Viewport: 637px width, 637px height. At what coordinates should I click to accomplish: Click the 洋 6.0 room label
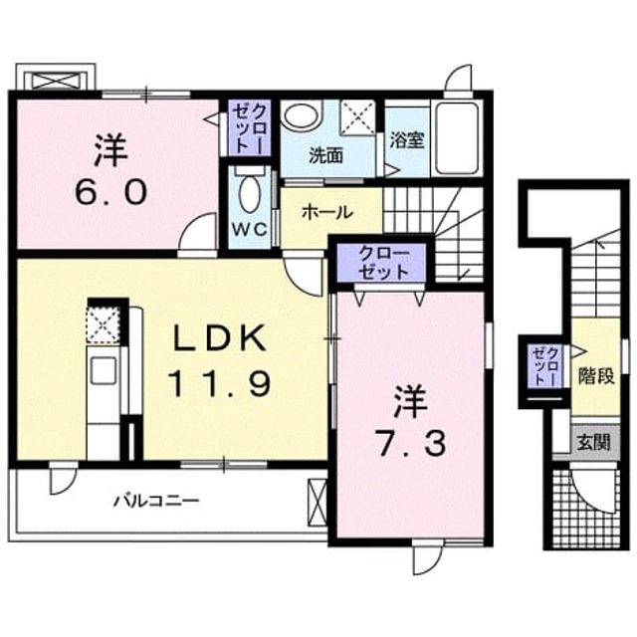pyautogui.click(x=110, y=170)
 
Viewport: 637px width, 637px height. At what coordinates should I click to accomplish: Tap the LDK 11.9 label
pyautogui.click(x=219, y=360)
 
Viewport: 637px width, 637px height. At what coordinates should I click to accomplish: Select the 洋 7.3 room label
pyautogui.click(x=411, y=420)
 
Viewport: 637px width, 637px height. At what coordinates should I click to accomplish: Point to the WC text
pyautogui.click(x=250, y=230)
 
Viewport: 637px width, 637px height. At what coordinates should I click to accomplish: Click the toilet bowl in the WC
pyautogui.click(x=250, y=192)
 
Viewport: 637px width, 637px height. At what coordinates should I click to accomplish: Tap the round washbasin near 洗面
pyautogui.click(x=301, y=115)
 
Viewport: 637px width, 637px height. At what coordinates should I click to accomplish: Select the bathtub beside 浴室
pyautogui.click(x=456, y=138)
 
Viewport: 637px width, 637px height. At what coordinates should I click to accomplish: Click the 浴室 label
pyautogui.click(x=407, y=140)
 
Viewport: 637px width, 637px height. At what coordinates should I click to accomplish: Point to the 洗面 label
pyautogui.click(x=325, y=155)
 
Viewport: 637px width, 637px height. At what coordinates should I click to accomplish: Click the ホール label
pyautogui.click(x=327, y=212)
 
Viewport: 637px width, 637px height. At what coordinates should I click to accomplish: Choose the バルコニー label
pyautogui.click(x=156, y=501)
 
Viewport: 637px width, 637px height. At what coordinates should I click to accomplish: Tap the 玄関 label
pyautogui.click(x=593, y=442)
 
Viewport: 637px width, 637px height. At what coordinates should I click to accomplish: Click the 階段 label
pyautogui.click(x=596, y=377)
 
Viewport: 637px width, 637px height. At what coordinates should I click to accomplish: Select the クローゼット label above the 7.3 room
pyautogui.click(x=383, y=263)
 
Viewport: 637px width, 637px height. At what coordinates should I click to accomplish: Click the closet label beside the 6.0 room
pyautogui.click(x=250, y=127)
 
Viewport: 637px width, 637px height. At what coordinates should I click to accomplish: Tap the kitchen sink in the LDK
pyautogui.click(x=104, y=369)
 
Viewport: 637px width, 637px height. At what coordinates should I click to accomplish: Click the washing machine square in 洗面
pyautogui.click(x=357, y=117)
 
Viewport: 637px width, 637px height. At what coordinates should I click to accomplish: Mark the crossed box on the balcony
pyautogui.click(x=317, y=503)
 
